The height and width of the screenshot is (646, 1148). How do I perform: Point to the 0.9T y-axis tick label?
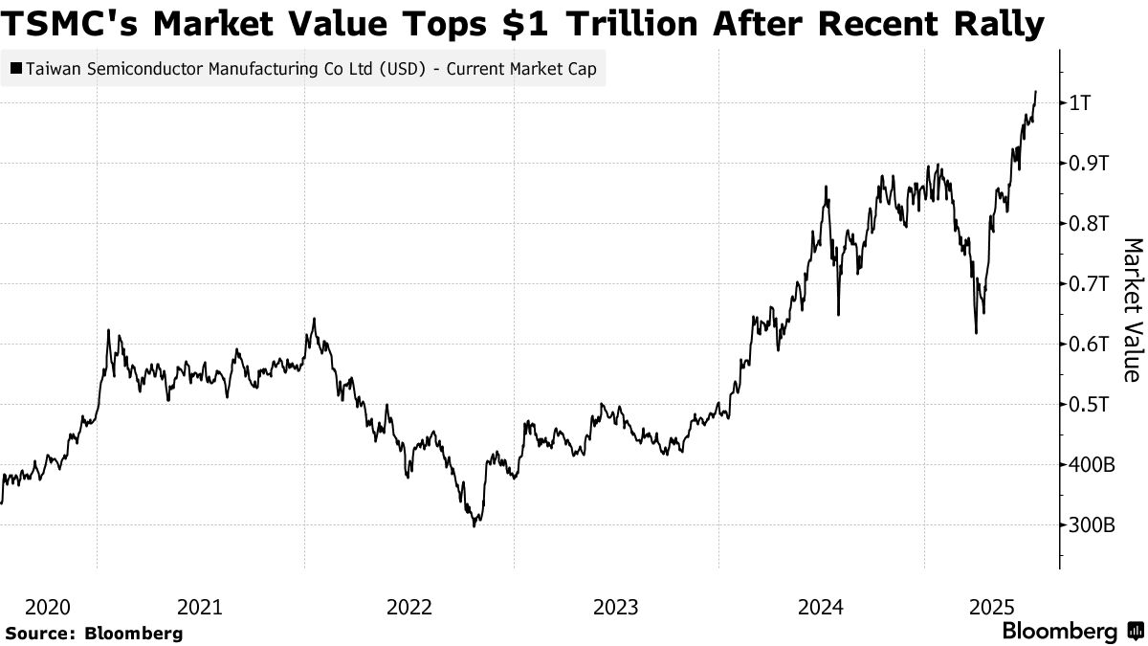click(x=1090, y=163)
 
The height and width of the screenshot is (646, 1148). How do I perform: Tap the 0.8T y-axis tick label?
click(x=1090, y=223)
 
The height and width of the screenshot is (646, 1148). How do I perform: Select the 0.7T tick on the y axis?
click(x=1090, y=283)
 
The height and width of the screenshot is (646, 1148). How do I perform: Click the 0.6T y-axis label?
click(x=1090, y=344)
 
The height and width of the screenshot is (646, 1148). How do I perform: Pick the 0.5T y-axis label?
click(x=1090, y=404)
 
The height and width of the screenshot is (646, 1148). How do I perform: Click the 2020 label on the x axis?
click(x=48, y=607)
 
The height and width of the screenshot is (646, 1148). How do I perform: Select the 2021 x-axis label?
click(x=201, y=607)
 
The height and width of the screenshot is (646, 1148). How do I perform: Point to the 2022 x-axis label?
click(x=408, y=607)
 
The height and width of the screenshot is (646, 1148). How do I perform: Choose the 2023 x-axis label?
click(x=616, y=607)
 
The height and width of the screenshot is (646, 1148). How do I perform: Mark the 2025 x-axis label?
click(x=993, y=607)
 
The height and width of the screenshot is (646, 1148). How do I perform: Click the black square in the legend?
click(x=16, y=69)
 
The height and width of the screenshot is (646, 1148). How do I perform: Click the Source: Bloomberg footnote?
click(x=93, y=633)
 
